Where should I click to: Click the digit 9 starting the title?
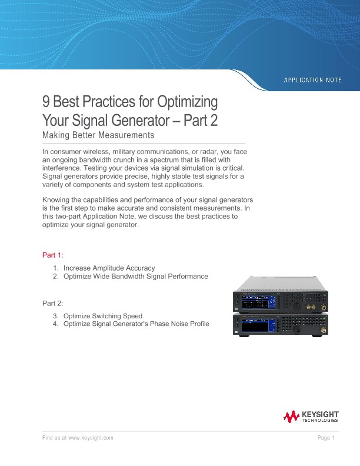click(46, 102)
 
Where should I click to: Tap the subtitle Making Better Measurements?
click(98, 135)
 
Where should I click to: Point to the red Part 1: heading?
click(52, 255)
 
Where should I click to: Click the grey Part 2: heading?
click(52, 303)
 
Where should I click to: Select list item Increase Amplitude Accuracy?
click(109, 268)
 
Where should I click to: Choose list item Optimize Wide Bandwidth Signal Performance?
click(135, 276)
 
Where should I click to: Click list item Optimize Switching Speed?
click(102, 316)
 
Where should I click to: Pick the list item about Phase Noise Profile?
click(136, 324)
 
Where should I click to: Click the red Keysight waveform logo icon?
click(291, 417)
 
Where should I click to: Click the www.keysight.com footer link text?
click(91, 438)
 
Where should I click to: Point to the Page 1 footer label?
click(326, 438)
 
